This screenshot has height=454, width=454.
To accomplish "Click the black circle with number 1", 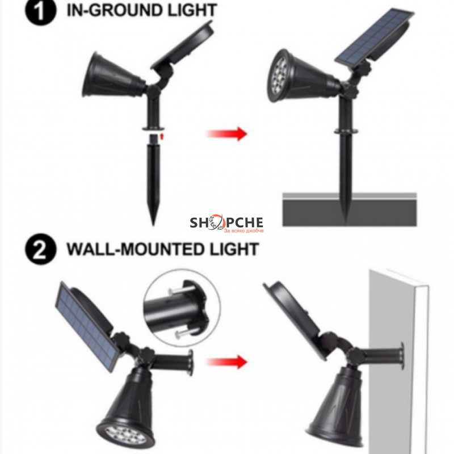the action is click(40, 11).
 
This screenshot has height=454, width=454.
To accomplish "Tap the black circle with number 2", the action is click(40, 249).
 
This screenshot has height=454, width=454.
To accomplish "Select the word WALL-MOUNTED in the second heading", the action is click(136, 250).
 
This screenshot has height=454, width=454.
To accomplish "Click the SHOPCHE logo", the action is click(226, 224).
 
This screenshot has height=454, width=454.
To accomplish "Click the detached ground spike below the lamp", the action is click(153, 179).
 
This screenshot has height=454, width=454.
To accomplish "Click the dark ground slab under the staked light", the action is click(350, 209).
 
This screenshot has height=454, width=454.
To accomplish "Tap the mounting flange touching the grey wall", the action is click(401, 356).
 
